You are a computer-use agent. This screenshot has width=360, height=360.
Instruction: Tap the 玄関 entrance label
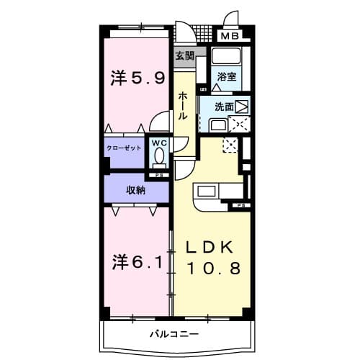tap(184, 55)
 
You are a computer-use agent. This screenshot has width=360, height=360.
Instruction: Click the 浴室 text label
tap(226, 76)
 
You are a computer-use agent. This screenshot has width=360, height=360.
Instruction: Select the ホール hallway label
tap(184, 104)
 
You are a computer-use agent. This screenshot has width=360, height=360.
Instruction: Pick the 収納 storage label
tap(136, 190)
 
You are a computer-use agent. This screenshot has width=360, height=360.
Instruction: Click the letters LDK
tap(210, 246)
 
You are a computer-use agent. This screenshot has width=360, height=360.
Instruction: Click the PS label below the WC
tap(158, 175)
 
